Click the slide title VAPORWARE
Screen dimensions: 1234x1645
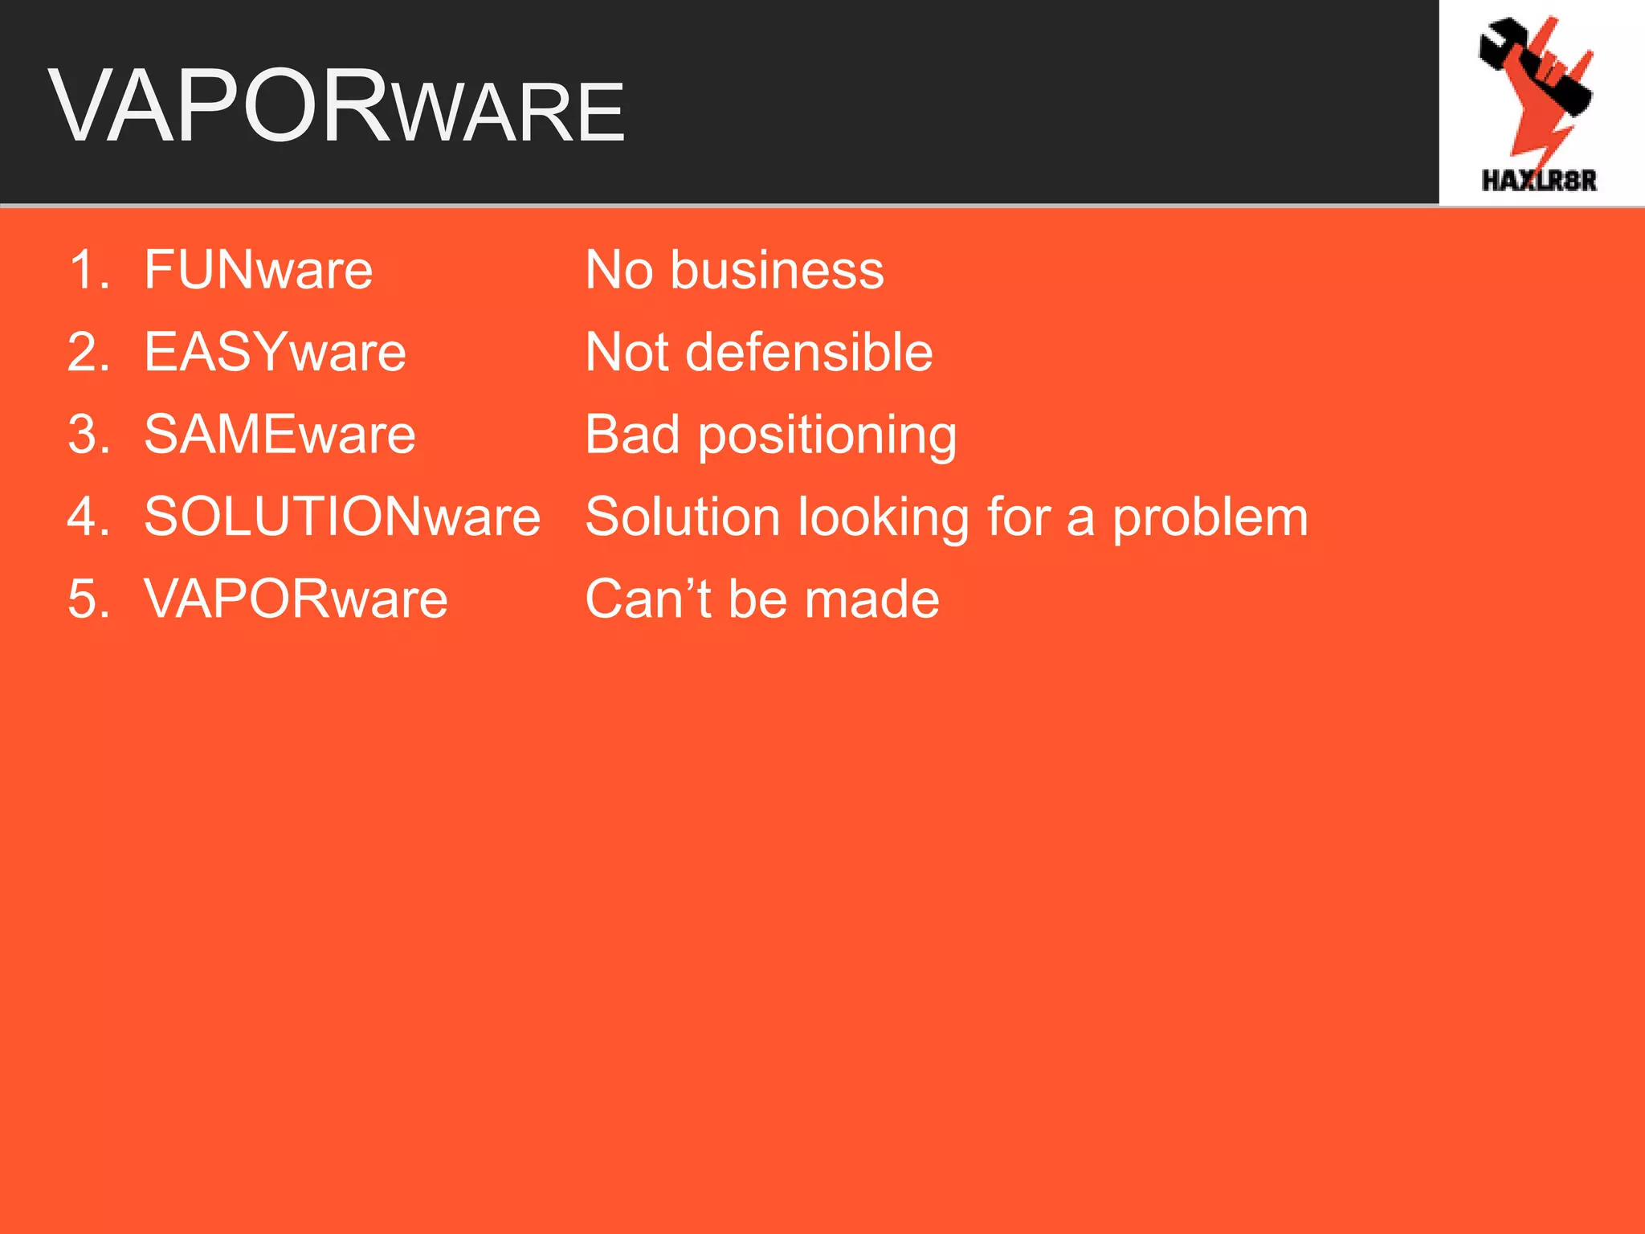[x=337, y=107]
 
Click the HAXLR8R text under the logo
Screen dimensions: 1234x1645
[x=1539, y=181]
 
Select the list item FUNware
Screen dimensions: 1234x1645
[x=258, y=270]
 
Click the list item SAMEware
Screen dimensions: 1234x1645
[x=280, y=435]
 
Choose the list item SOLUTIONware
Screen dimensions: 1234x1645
[x=342, y=517]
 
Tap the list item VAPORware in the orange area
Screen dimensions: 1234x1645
[x=296, y=599]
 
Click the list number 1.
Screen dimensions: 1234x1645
[x=88, y=270]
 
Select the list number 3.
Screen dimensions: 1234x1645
[x=88, y=435]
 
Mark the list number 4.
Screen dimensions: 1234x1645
[x=88, y=517]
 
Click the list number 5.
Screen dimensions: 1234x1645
[x=88, y=599]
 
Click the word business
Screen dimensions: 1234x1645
[x=777, y=270]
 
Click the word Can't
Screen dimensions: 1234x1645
[x=649, y=599]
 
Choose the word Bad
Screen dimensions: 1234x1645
[x=632, y=435]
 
